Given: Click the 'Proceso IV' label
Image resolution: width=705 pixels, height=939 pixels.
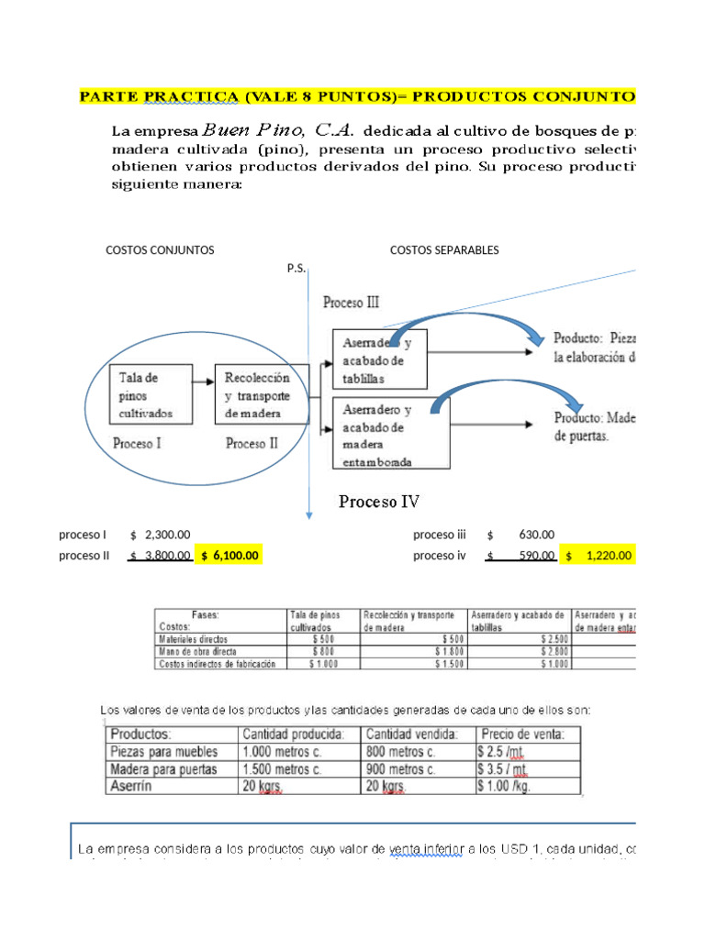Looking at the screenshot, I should (x=379, y=502).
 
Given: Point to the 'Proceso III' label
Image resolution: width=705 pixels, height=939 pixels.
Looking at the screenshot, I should (x=351, y=302).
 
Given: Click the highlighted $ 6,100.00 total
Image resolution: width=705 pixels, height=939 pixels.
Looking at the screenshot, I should (x=229, y=555).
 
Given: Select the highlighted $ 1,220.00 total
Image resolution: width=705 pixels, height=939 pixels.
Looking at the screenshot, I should (x=599, y=555).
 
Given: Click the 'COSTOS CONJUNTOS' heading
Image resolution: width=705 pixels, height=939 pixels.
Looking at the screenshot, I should (x=160, y=249).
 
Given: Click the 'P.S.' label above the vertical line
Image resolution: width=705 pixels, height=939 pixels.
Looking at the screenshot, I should (x=297, y=270).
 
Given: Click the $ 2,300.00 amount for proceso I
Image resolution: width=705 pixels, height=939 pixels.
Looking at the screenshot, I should (x=162, y=535).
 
